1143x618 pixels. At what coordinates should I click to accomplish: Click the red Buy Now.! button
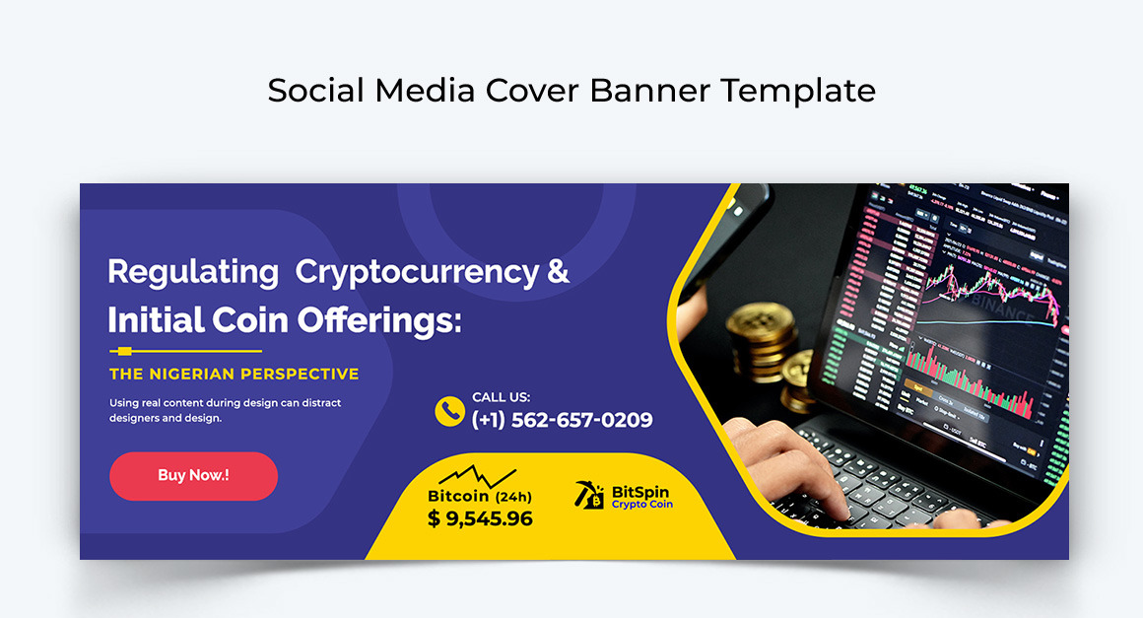click(193, 476)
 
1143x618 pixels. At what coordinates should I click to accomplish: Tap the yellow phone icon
click(449, 411)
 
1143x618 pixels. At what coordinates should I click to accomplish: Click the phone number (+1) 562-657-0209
click(562, 420)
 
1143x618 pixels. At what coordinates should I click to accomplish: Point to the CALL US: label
click(501, 397)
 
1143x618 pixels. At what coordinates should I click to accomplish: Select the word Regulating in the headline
click(193, 271)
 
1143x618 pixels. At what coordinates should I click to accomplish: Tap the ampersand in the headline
click(558, 270)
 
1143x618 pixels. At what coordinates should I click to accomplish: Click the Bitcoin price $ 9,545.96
click(480, 518)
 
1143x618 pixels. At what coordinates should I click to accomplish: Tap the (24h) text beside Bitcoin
click(513, 497)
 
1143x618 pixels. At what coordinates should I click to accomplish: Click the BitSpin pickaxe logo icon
click(590, 496)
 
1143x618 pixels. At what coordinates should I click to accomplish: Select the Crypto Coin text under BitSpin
click(641, 505)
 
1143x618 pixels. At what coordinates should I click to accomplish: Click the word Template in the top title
click(797, 91)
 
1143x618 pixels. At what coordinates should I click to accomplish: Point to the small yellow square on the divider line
click(124, 351)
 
